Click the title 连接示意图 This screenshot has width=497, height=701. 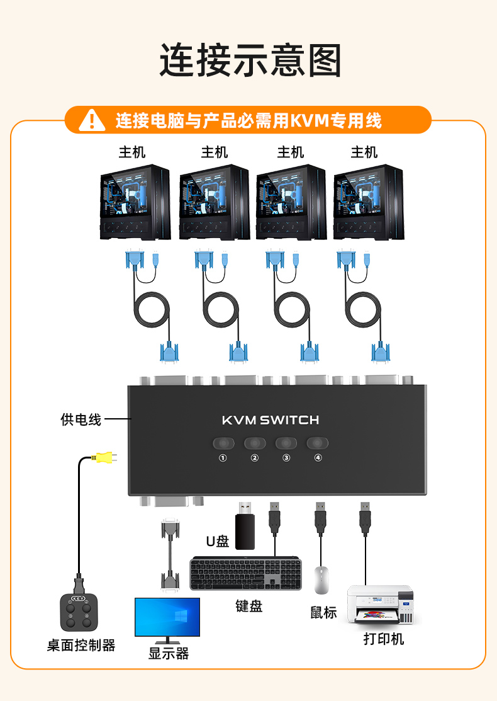coord(250,60)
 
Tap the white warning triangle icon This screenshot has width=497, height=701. coord(92,120)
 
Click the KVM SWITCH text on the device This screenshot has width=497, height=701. coord(271,420)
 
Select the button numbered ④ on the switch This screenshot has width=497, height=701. coord(318,443)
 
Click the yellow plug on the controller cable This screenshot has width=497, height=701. coord(104,457)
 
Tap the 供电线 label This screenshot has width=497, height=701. coord(81,419)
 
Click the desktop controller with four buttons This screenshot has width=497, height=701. coord(79,612)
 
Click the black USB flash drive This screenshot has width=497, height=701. coord(245,526)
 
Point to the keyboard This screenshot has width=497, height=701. coord(245,574)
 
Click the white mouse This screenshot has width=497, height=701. coord(321,580)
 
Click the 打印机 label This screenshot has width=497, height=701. coord(384,639)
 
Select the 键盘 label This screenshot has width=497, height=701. coord(248,606)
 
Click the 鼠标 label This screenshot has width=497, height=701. coord(323,612)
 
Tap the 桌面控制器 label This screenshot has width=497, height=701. coord(81,645)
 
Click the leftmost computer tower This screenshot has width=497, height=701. coord(135,202)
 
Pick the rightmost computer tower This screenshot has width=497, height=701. coord(369,202)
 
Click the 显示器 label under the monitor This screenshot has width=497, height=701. coord(169,653)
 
